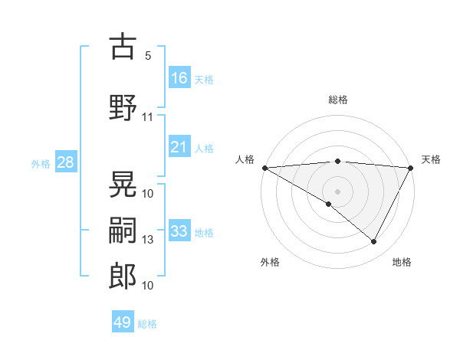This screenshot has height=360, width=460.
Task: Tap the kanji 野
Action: (x=123, y=107)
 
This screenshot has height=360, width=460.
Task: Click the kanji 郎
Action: (x=123, y=276)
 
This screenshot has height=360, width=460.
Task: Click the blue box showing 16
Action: (x=179, y=78)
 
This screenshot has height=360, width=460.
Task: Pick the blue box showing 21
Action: (x=179, y=147)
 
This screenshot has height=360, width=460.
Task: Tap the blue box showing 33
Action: (x=179, y=231)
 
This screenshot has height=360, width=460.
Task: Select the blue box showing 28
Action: (x=64, y=162)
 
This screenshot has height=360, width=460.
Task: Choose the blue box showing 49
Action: (x=123, y=322)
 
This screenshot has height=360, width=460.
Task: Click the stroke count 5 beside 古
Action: (x=148, y=56)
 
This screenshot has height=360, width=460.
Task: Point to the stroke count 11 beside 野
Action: (x=148, y=117)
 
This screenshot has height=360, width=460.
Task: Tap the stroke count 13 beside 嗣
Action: (x=148, y=240)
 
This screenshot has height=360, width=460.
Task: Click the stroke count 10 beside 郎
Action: (x=148, y=286)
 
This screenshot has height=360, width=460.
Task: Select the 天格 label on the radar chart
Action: (x=431, y=159)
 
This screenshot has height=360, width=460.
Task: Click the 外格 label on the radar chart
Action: (x=270, y=262)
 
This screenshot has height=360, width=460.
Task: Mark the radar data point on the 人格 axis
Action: (x=264, y=168)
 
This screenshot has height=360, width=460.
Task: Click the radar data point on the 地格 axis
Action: (x=374, y=242)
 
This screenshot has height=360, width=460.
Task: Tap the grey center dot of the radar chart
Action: (x=337, y=191)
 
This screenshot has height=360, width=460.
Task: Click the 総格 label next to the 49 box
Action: (x=147, y=324)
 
